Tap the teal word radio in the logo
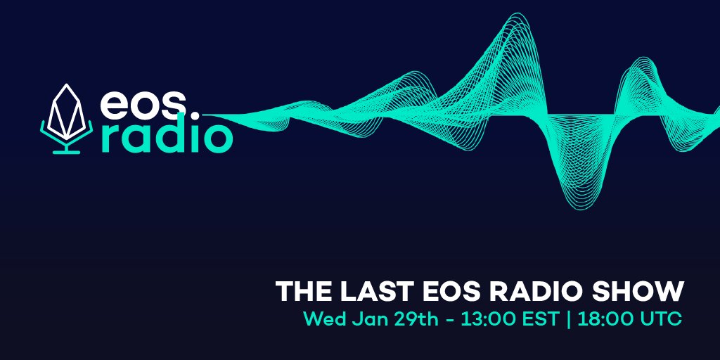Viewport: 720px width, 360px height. pos(166,137)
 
